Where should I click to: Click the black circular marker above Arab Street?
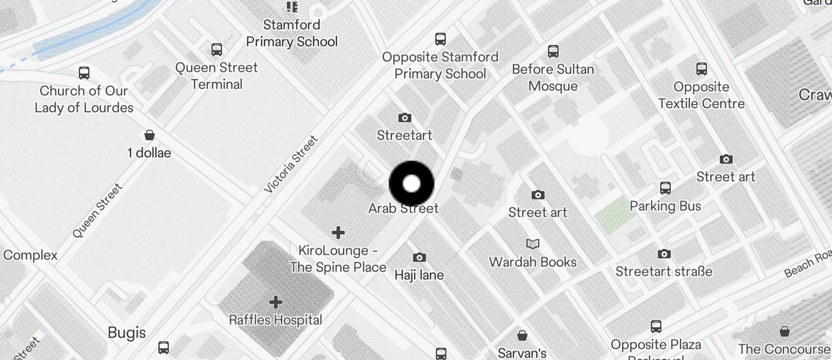[x=412, y=184]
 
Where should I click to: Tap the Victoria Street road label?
[x=291, y=164]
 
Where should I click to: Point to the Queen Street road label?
[x=98, y=210]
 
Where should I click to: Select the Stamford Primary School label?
[x=292, y=33]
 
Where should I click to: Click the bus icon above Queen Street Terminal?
[x=217, y=50]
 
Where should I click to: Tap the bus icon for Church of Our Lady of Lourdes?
[x=84, y=73]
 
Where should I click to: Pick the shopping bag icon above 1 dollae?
[x=150, y=135]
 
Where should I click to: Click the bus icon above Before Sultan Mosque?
[x=553, y=51]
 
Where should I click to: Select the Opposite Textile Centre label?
[x=701, y=95]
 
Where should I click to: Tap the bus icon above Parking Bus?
[x=665, y=188]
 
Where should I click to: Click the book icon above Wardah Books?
[x=533, y=244]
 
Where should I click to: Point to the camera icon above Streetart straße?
[x=664, y=254]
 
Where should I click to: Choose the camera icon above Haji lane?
[x=419, y=257]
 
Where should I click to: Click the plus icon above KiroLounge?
[x=338, y=233]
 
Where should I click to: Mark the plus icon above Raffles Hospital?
[x=276, y=302]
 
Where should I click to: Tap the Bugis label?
[x=127, y=333]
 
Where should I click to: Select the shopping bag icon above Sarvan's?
[x=522, y=335]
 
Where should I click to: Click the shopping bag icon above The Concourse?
[x=784, y=331]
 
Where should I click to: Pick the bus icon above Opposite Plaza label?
[x=656, y=327]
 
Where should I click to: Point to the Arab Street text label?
[x=403, y=208]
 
